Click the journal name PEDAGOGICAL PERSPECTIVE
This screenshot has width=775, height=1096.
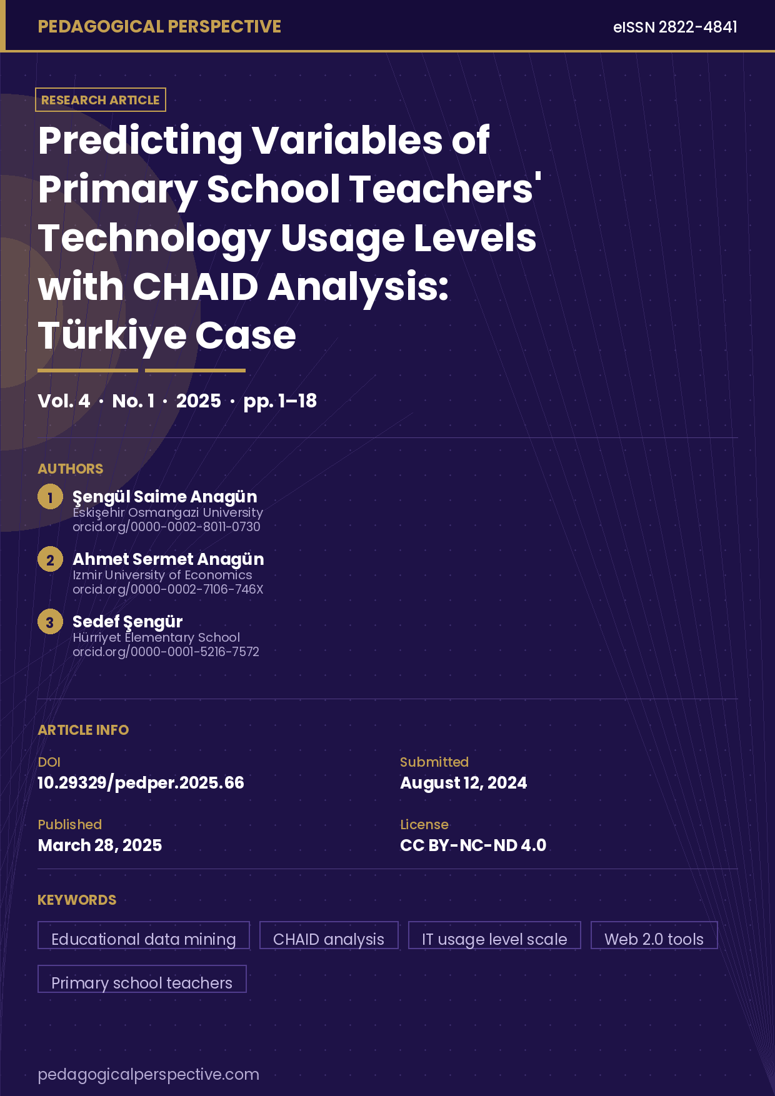pyautogui.click(x=159, y=27)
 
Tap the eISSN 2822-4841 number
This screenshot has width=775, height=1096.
pyautogui.click(x=675, y=27)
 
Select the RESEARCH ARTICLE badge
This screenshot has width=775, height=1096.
pyautogui.click(x=101, y=100)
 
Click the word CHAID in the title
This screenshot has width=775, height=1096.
pyautogui.click(x=196, y=287)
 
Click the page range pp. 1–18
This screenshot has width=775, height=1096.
pyautogui.click(x=280, y=401)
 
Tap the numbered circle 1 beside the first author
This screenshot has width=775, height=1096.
pyautogui.click(x=50, y=497)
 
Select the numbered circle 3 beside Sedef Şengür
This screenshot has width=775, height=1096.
pyautogui.click(x=50, y=622)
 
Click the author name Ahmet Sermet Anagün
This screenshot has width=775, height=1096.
pyautogui.click(x=168, y=559)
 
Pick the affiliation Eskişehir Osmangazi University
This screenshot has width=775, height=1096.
pyautogui.click(x=167, y=512)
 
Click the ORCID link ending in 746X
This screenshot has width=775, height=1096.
pyautogui.click(x=167, y=589)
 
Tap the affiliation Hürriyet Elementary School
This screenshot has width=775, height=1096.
pyautogui.click(x=156, y=637)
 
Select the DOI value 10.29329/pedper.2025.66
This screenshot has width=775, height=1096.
pyautogui.click(x=141, y=783)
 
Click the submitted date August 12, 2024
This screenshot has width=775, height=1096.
pyautogui.click(x=463, y=783)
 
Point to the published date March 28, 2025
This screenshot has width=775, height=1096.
pyautogui.click(x=100, y=845)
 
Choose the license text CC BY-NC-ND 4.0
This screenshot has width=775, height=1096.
pyautogui.click(x=473, y=845)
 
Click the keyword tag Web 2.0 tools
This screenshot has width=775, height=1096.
pyautogui.click(x=654, y=936)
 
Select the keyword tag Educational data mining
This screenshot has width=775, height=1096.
pyautogui.click(x=144, y=936)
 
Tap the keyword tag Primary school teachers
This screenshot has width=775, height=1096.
pyautogui.click(x=142, y=980)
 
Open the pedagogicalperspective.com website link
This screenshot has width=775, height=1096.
pyautogui.click(x=148, y=1075)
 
